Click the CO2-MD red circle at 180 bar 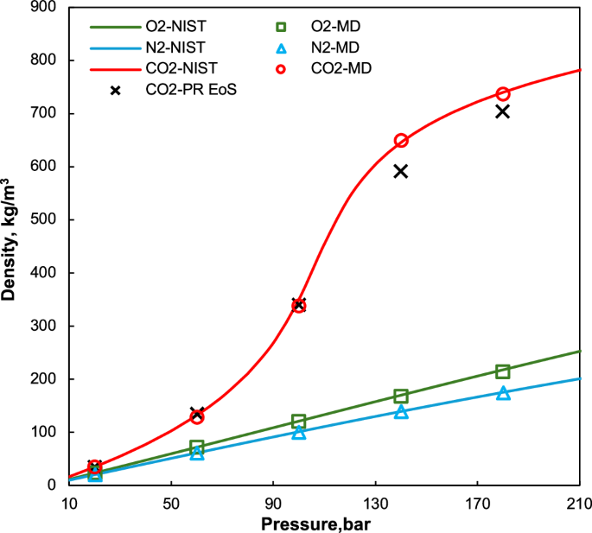[x=503, y=93]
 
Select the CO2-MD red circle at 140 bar [x=401, y=140]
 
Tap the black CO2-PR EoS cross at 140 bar [x=401, y=171]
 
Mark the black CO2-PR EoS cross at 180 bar [x=503, y=111]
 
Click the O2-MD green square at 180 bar [x=503, y=371]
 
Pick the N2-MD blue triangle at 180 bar [x=503, y=393]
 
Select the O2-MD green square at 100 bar [x=299, y=422]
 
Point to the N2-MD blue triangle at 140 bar [x=401, y=412]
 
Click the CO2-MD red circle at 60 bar [x=197, y=416]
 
